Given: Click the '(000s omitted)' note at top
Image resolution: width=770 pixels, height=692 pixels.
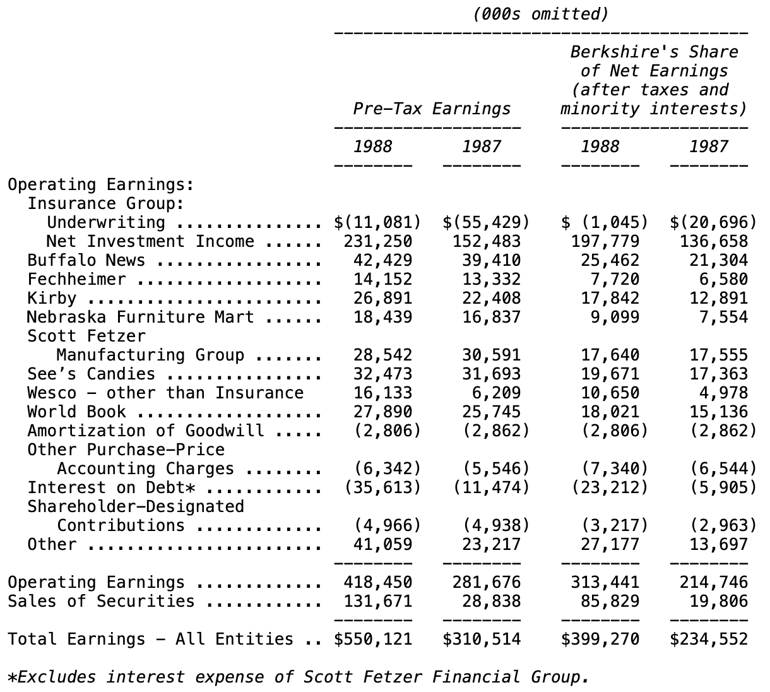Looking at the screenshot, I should (x=540, y=15).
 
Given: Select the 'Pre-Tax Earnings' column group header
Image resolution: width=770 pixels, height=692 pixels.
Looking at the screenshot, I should (x=432, y=109).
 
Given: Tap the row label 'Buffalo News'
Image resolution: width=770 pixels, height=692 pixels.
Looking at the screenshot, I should (x=86, y=260).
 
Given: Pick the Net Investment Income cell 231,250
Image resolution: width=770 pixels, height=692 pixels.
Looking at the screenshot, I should (x=377, y=241).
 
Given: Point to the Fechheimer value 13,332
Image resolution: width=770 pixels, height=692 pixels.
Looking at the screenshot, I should (x=491, y=279).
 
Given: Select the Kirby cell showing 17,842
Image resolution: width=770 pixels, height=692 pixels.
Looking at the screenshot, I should (x=610, y=298).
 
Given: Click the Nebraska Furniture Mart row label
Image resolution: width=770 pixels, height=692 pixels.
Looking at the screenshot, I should (x=140, y=317).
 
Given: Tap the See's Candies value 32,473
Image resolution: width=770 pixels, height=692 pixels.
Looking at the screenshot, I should (x=382, y=374).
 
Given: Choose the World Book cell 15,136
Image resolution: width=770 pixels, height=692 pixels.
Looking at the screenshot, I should (x=718, y=412).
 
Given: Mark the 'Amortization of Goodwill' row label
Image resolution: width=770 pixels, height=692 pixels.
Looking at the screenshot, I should (x=145, y=431).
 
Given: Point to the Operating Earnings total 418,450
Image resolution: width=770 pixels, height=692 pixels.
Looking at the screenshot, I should (x=377, y=582).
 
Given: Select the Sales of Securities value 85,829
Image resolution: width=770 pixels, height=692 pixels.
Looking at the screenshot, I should (x=610, y=601).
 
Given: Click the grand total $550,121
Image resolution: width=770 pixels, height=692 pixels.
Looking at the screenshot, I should (x=373, y=639).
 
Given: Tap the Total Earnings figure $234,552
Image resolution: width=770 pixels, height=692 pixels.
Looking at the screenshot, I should (x=709, y=639).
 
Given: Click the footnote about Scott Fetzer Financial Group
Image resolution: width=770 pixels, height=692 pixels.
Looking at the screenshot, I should (x=298, y=677).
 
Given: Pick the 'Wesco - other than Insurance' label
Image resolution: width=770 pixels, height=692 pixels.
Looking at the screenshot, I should (x=165, y=393).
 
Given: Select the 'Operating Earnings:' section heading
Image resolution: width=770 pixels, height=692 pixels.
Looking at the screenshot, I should (x=100, y=184).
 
